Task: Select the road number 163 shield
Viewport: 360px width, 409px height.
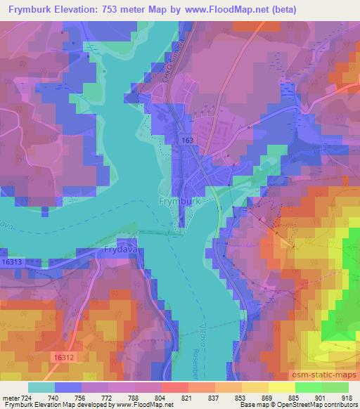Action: click(x=188, y=141)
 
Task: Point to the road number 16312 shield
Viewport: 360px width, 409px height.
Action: click(x=63, y=358)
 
